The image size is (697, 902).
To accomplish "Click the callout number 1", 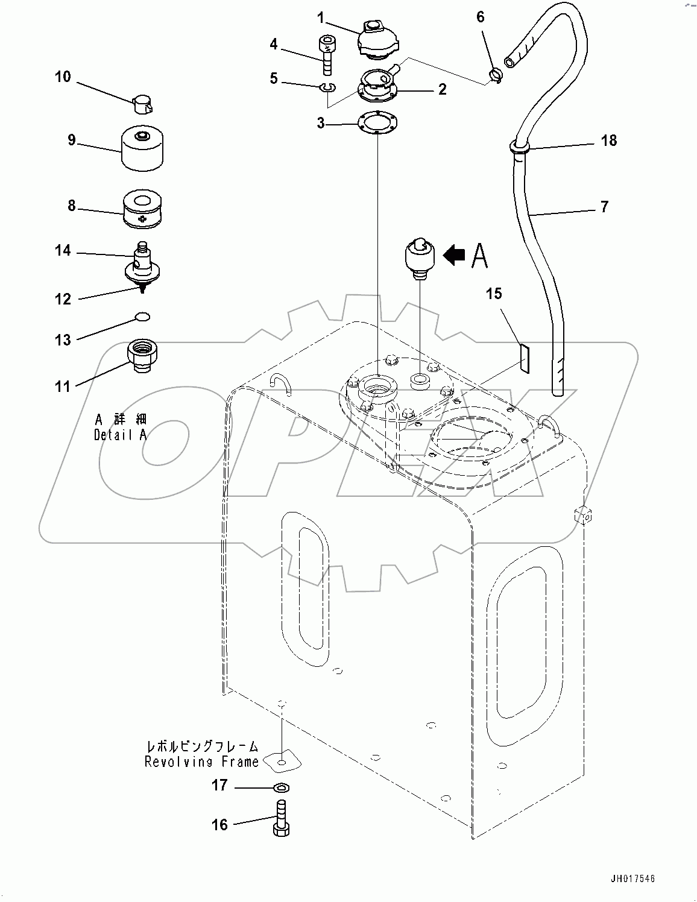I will [x=321, y=17].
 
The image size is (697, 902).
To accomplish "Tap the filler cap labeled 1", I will [x=374, y=40].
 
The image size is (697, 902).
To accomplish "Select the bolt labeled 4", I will [x=325, y=55].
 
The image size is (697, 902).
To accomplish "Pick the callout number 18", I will [x=609, y=140].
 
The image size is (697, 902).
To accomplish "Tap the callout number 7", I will [x=604, y=207].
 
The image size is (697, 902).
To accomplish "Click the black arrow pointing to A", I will [x=454, y=256].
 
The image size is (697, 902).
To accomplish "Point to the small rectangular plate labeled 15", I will [x=523, y=359].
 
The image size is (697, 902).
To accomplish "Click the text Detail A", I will [x=120, y=435].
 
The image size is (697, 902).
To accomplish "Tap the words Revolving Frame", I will [x=201, y=762].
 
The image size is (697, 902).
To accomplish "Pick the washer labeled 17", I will [x=280, y=787].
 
